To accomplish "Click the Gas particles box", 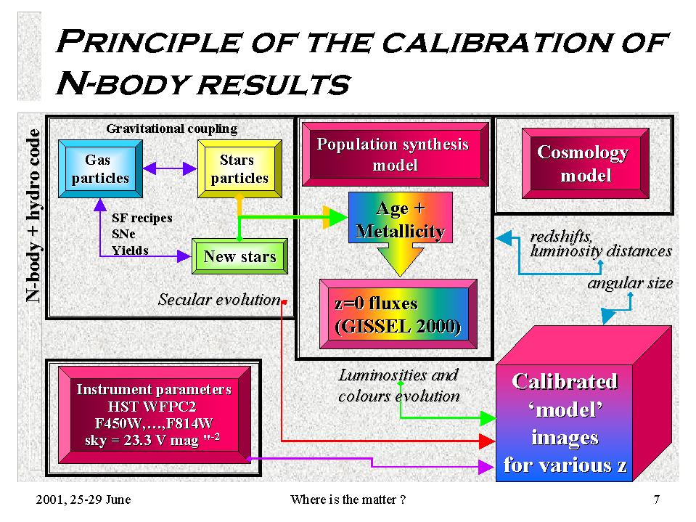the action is click(100, 168).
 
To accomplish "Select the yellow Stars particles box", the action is click(239, 168).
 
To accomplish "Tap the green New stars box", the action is click(239, 256).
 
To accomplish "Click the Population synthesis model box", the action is click(395, 154).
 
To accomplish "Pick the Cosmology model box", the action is click(586, 163).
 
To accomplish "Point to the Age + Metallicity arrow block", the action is click(401, 227).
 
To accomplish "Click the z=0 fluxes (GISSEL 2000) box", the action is click(398, 314).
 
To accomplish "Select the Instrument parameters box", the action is click(155, 415).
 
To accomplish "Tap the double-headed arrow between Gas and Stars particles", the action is click(170, 168).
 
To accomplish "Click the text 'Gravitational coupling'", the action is click(172, 129).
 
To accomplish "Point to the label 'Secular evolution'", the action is click(219, 300).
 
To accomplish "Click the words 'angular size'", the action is click(630, 283).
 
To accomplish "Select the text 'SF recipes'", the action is click(142, 218).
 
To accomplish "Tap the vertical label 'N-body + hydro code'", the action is click(33, 216).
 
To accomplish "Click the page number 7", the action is click(657, 499).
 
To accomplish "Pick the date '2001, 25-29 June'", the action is click(83, 499).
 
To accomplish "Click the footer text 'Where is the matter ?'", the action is click(348, 499).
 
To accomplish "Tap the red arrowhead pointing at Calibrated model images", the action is click(487, 441).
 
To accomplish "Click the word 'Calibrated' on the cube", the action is click(565, 381).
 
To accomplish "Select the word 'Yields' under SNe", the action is click(130, 250).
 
